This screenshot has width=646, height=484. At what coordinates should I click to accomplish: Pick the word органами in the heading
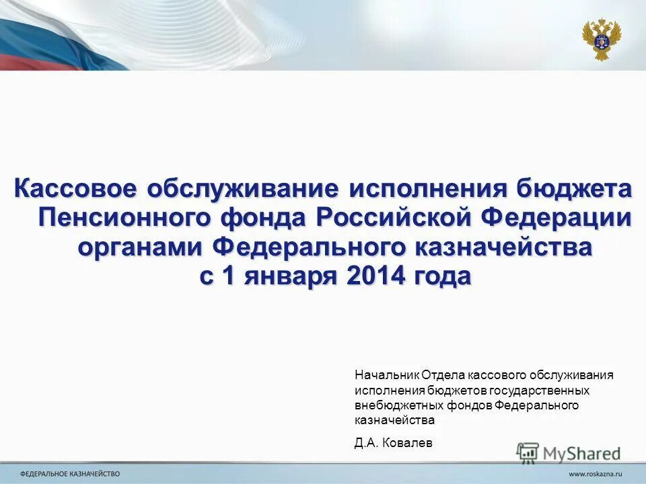click(x=139, y=247)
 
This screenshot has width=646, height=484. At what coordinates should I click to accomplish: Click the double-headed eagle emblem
click(x=601, y=40)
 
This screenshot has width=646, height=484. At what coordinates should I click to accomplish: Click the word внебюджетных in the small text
click(x=388, y=405)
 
